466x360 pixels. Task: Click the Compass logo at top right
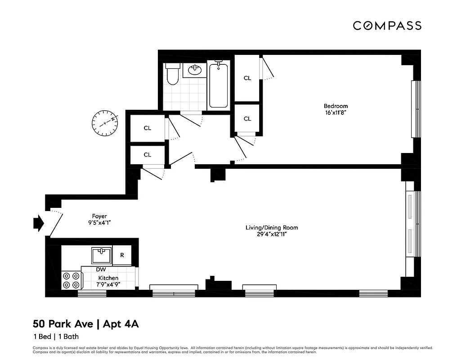387,26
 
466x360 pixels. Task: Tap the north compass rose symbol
105,122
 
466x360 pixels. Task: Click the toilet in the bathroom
173,74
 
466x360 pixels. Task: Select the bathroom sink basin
195,70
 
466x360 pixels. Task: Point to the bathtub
218,85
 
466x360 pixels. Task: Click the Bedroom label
336,106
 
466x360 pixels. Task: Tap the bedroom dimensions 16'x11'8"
336,112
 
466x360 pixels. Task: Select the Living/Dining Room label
271,227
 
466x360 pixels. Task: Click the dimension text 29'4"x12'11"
271,234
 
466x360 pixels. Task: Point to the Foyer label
99,216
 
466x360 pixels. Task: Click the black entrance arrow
39,223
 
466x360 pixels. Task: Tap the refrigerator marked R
122,255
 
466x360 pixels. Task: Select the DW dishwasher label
101,270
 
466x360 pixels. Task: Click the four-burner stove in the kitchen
71,280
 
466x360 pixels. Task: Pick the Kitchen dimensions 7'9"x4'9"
108,284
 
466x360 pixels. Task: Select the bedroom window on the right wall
416,109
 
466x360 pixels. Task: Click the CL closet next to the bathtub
247,78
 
